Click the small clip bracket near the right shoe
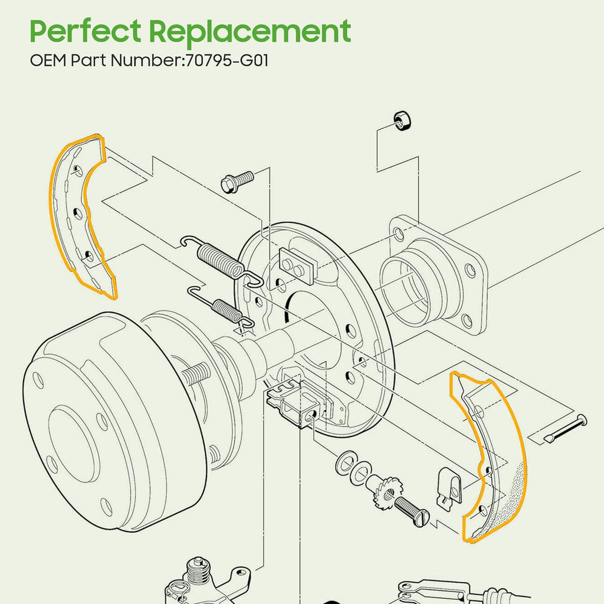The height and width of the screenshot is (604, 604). (449, 486)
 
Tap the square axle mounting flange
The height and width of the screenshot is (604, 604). (436, 271)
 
